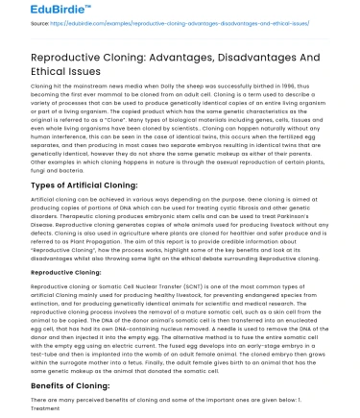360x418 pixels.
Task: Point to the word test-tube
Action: [x=17, y=356]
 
